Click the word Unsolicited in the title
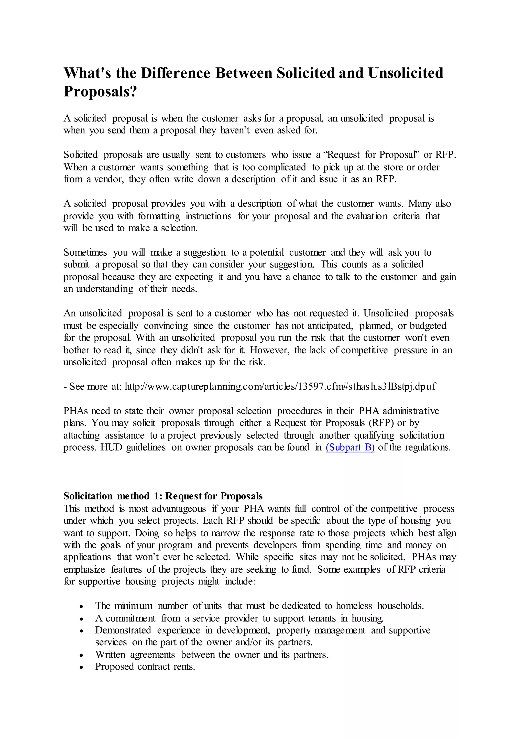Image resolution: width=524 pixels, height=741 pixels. point(406,73)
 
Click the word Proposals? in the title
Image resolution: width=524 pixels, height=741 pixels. point(100,92)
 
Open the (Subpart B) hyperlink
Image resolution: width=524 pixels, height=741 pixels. point(350,448)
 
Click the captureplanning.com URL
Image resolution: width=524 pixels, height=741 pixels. point(280,387)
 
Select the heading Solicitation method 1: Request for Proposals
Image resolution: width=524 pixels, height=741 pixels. point(163,496)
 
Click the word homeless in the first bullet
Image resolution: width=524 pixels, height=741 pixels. point(354,606)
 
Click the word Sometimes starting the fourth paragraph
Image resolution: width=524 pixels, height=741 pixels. point(85,252)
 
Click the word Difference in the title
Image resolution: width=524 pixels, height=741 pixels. point(176,73)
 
